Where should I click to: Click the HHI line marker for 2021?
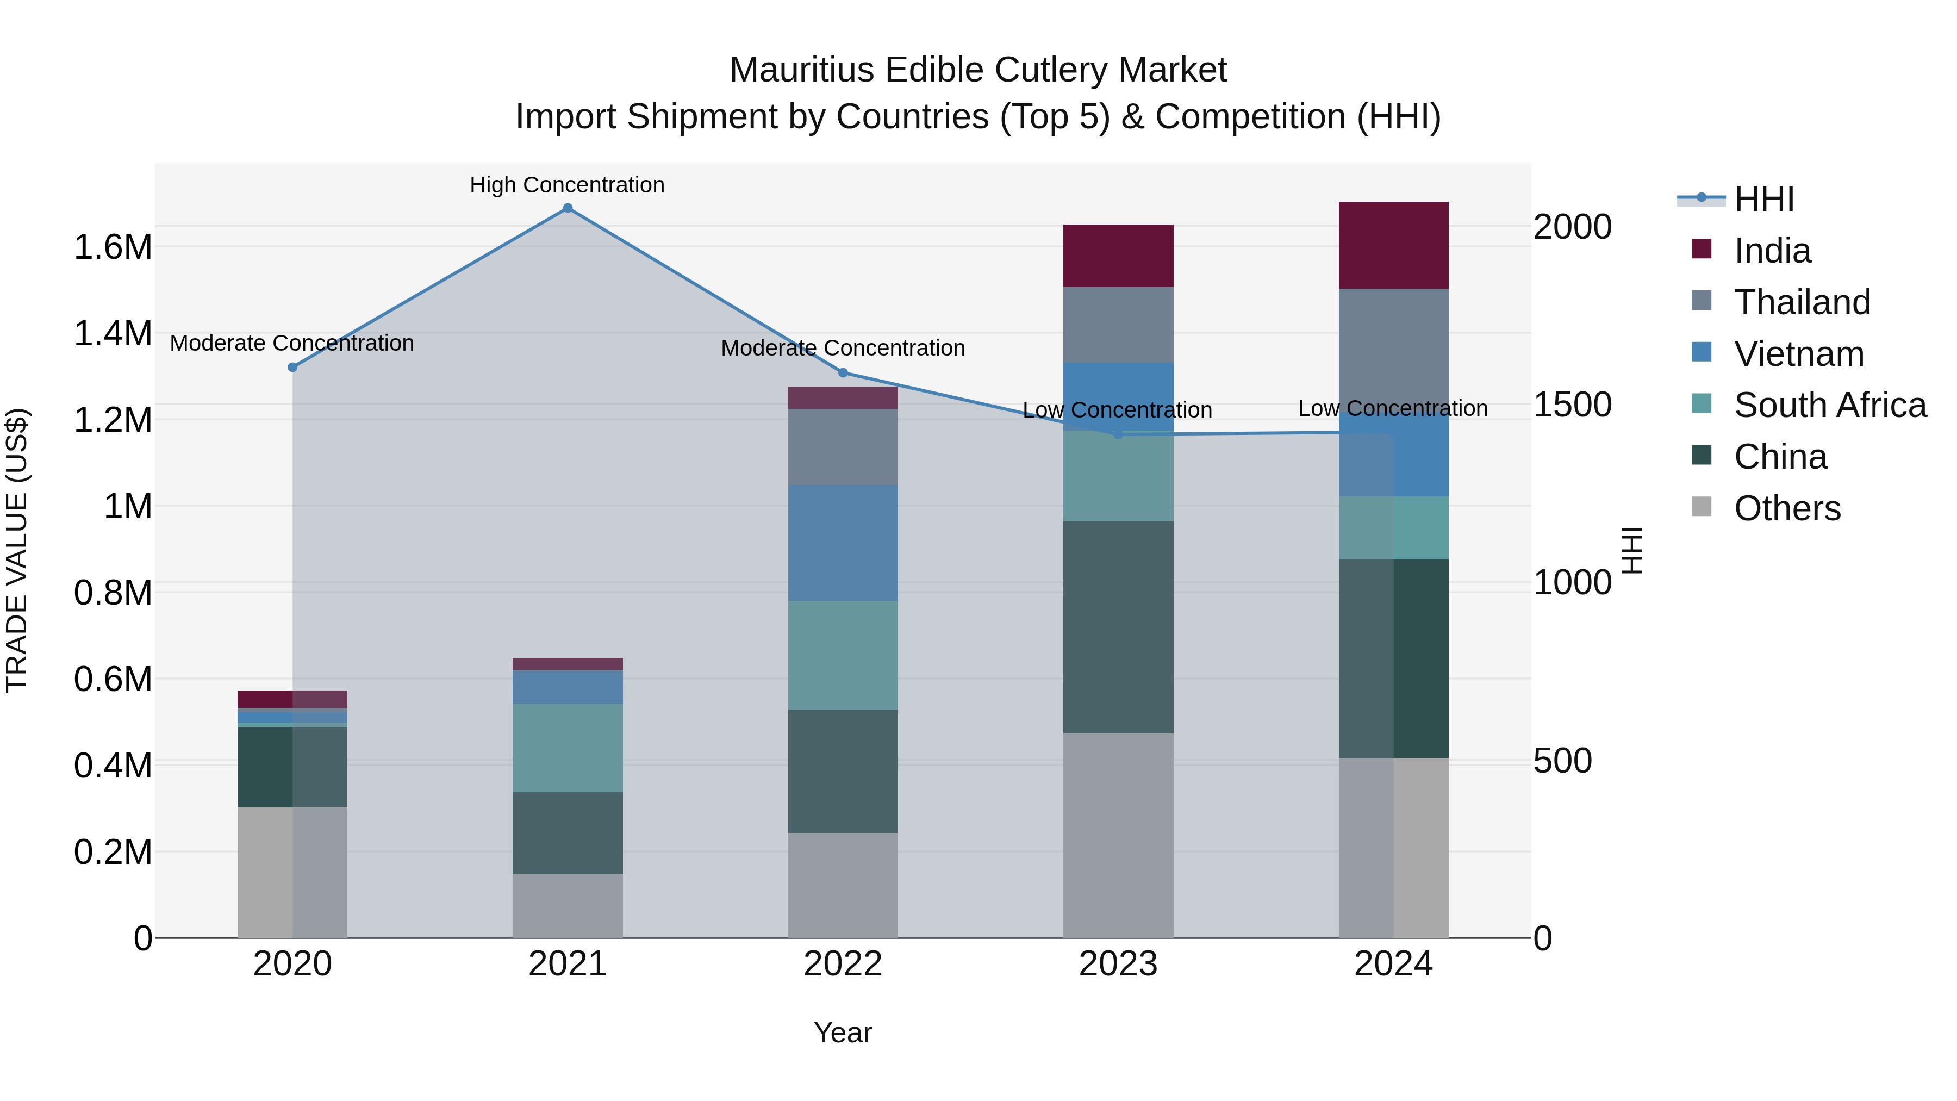pyautogui.click(x=568, y=208)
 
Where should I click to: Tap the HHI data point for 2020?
pyautogui.click(x=292, y=367)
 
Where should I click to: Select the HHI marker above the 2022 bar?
pyautogui.click(x=843, y=372)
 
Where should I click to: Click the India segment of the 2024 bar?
pyautogui.click(x=1393, y=245)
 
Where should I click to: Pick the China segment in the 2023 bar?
pyautogui.click(x=1118, y=627)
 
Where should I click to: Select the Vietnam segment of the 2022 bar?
pyautogui.click(x=843, y=543)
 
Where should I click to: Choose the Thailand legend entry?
pyautogui.click(x=1802, y=302)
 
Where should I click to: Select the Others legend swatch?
pyautogui.click(x=1702, y=507)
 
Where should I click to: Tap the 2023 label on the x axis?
pyautogui.click(x=1118, y=964)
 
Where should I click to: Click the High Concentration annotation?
pyautogui.click(x=567, y=185)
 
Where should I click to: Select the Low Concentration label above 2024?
pyautogui.click(x=1393, y=408)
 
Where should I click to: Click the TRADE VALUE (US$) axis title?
pyautogui.click(x=17, y=550)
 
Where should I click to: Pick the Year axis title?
pyautogui.click(x=843, y=1032)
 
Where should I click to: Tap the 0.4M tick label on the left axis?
pyautogui.click(x=113, y=765)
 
